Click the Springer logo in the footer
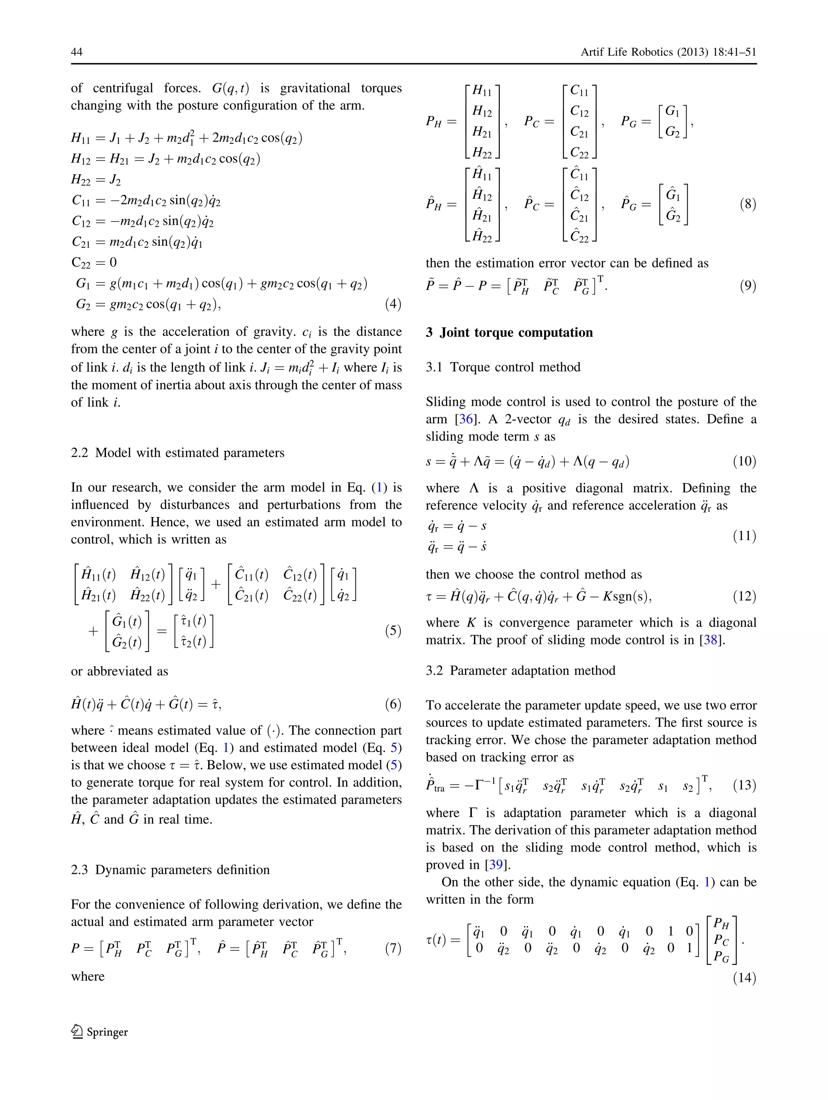pos(99,1032)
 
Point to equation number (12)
pos(744,596)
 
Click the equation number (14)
pos(744,978)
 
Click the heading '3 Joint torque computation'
pos(509,332)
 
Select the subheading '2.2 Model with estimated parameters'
pos(177,452)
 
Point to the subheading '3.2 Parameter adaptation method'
pos(520,670)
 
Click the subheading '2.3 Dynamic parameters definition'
pos(170,870)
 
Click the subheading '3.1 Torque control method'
pos(503,367)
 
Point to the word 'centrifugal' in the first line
pos(123,88)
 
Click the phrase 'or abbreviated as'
pos(119,671)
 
